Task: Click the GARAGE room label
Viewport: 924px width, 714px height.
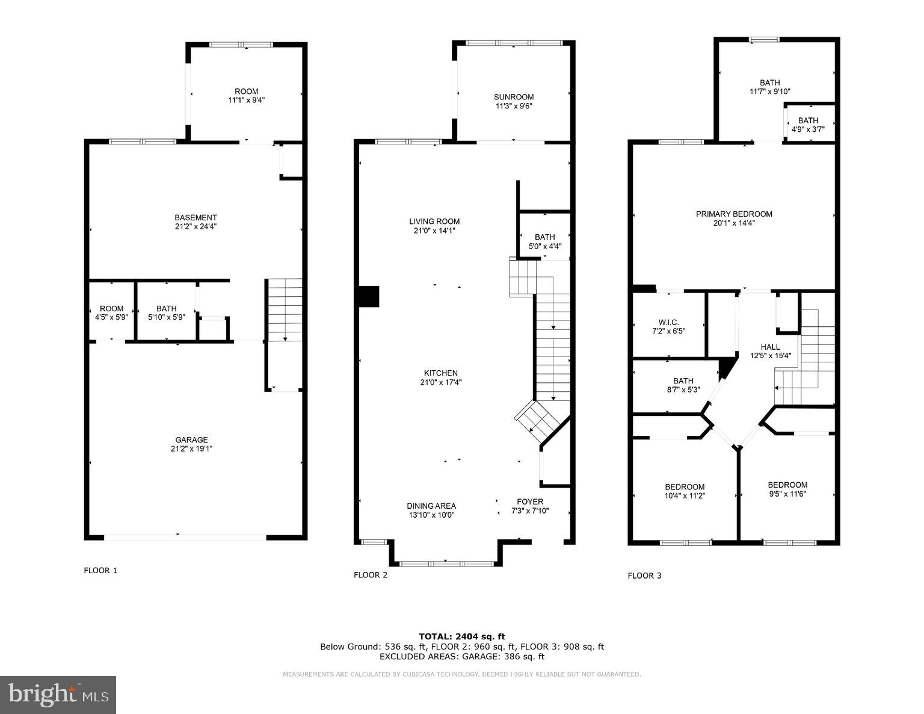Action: click(191, 440)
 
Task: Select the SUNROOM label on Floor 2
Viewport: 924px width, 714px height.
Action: click(513, 97)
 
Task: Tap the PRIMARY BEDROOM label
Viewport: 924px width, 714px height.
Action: click(733, 214)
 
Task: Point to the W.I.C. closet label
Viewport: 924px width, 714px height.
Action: click(668, 323)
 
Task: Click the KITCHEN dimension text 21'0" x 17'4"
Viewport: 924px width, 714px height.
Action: click(440, 382)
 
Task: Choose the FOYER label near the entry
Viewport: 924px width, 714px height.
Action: click(529, 501)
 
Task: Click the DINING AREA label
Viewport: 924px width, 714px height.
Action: click(431, 506)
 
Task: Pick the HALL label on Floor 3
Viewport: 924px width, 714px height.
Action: click(770, 347)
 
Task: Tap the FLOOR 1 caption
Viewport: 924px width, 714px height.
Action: click(100, 570)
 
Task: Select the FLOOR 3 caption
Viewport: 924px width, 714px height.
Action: click(644, 576)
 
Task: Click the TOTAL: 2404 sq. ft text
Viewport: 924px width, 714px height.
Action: click(461, 636)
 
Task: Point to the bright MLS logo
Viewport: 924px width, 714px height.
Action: click(58, 695)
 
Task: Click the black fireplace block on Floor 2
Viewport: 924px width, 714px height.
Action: click(368, 297)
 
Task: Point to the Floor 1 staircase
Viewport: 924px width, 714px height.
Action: click(285, 310)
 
